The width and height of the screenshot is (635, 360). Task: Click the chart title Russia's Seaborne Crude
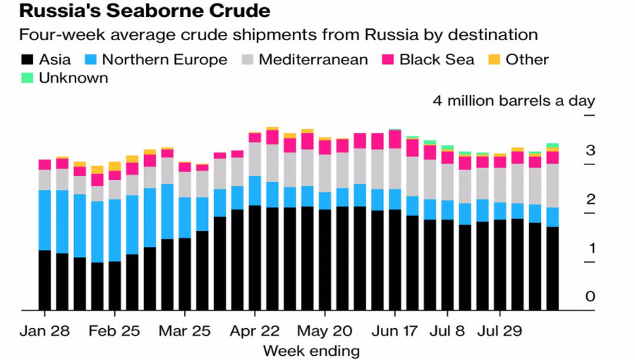click(x=133, y=12)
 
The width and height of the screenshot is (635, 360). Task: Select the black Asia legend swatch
click(x=28, y=59)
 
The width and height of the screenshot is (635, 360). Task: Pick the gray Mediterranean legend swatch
click(x=247, y=59)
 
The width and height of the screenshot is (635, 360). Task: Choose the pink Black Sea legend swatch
click(x=388, y=59)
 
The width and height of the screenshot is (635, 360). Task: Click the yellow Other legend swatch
click(x=493, y=59)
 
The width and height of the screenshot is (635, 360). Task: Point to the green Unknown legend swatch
click(x=28, y=78)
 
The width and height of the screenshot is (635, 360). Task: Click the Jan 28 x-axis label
click(x=44, y=330)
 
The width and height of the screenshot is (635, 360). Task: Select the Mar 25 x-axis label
click(x=184, y=330)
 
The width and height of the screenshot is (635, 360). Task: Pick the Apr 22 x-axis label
click(x=255, y=330)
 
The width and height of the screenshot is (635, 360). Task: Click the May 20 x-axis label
click(x=325, y=330)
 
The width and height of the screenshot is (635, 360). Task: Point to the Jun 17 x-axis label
click(x=394, y=330)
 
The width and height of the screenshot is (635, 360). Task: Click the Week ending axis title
click(x=311, y=350)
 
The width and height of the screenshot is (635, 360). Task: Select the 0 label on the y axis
click(x=591, y=296)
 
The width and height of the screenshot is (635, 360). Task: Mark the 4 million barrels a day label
click(x=514, y=100)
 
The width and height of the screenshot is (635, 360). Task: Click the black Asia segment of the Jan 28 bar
click(x=44, y=280)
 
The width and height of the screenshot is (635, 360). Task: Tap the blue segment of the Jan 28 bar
click(x=44, y=220)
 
